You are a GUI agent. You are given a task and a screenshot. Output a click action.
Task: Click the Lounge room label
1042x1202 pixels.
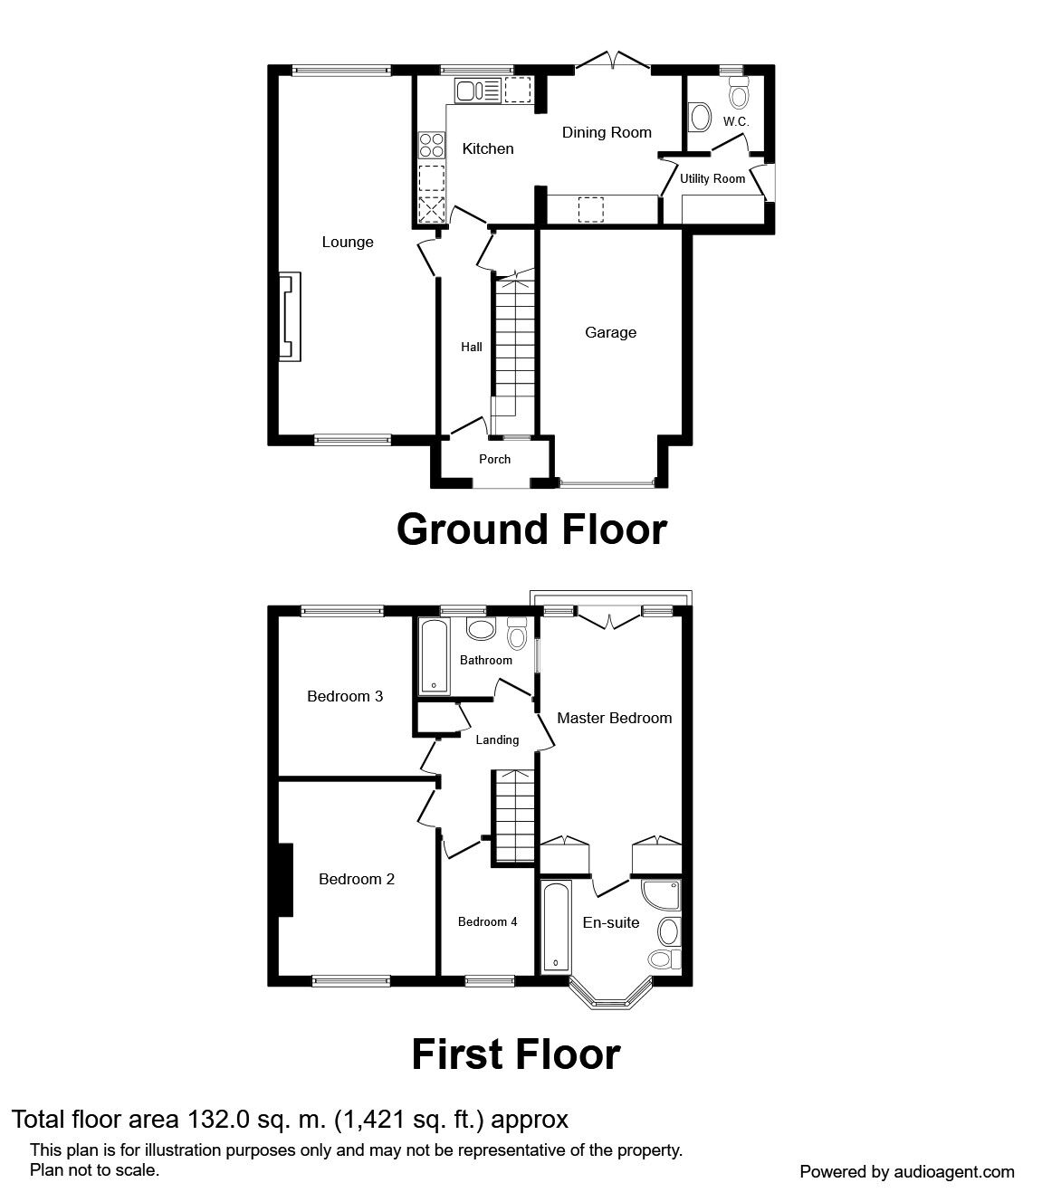pyautogui.click(x=348, y=242)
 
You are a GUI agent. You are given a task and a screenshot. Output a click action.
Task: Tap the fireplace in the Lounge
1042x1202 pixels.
pyautogui.click(x=289, y=317)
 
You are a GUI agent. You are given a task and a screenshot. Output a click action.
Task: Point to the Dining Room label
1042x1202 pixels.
pyautogui.click(x=607, y=132)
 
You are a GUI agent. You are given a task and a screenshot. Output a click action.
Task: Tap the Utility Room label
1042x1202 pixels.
pyautogui.click(x=712, y=178)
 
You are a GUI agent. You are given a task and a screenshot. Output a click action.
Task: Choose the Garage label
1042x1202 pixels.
pyautogui.click(x=610, y=332)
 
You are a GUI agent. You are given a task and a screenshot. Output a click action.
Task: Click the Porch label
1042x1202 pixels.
pyautogui.click(x=494, y=459)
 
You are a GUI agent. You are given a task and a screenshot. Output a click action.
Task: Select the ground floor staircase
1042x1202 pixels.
pyautogui.click(x=514, y=348)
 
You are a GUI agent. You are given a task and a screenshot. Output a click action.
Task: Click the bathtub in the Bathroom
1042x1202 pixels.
pyautogui.click(x=434, y=657)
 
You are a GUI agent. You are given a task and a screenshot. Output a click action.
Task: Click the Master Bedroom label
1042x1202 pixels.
pyautogui.click(x=614, y=718)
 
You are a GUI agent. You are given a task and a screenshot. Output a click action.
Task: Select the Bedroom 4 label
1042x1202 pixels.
pyautogui.click(x=487, y=921)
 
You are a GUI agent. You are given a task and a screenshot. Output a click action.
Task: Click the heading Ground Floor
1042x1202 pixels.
pyautogui.click(x=531, y=529)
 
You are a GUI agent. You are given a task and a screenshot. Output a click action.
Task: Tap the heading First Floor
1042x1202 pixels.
pyautogui.click(x=515, y=1054)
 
